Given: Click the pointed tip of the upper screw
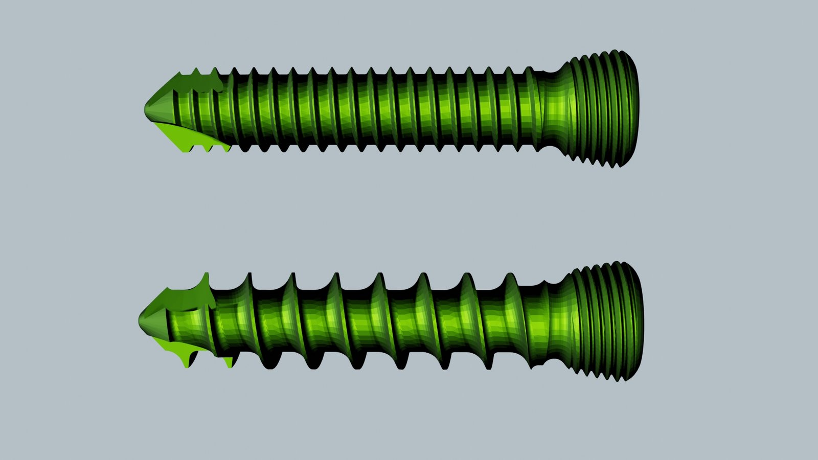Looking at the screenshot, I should pyautogui.click(x=146, y=108).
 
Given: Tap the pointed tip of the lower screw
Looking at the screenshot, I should pyautogui.click(x=140, y=320).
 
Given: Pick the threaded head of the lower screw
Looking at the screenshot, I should pyautogui.click(x=608, y=322).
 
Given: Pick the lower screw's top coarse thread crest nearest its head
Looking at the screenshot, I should pyautogui.click(x=511, y=279).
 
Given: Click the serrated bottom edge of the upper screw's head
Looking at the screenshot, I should pyautogui.click(x=603, y=163).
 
